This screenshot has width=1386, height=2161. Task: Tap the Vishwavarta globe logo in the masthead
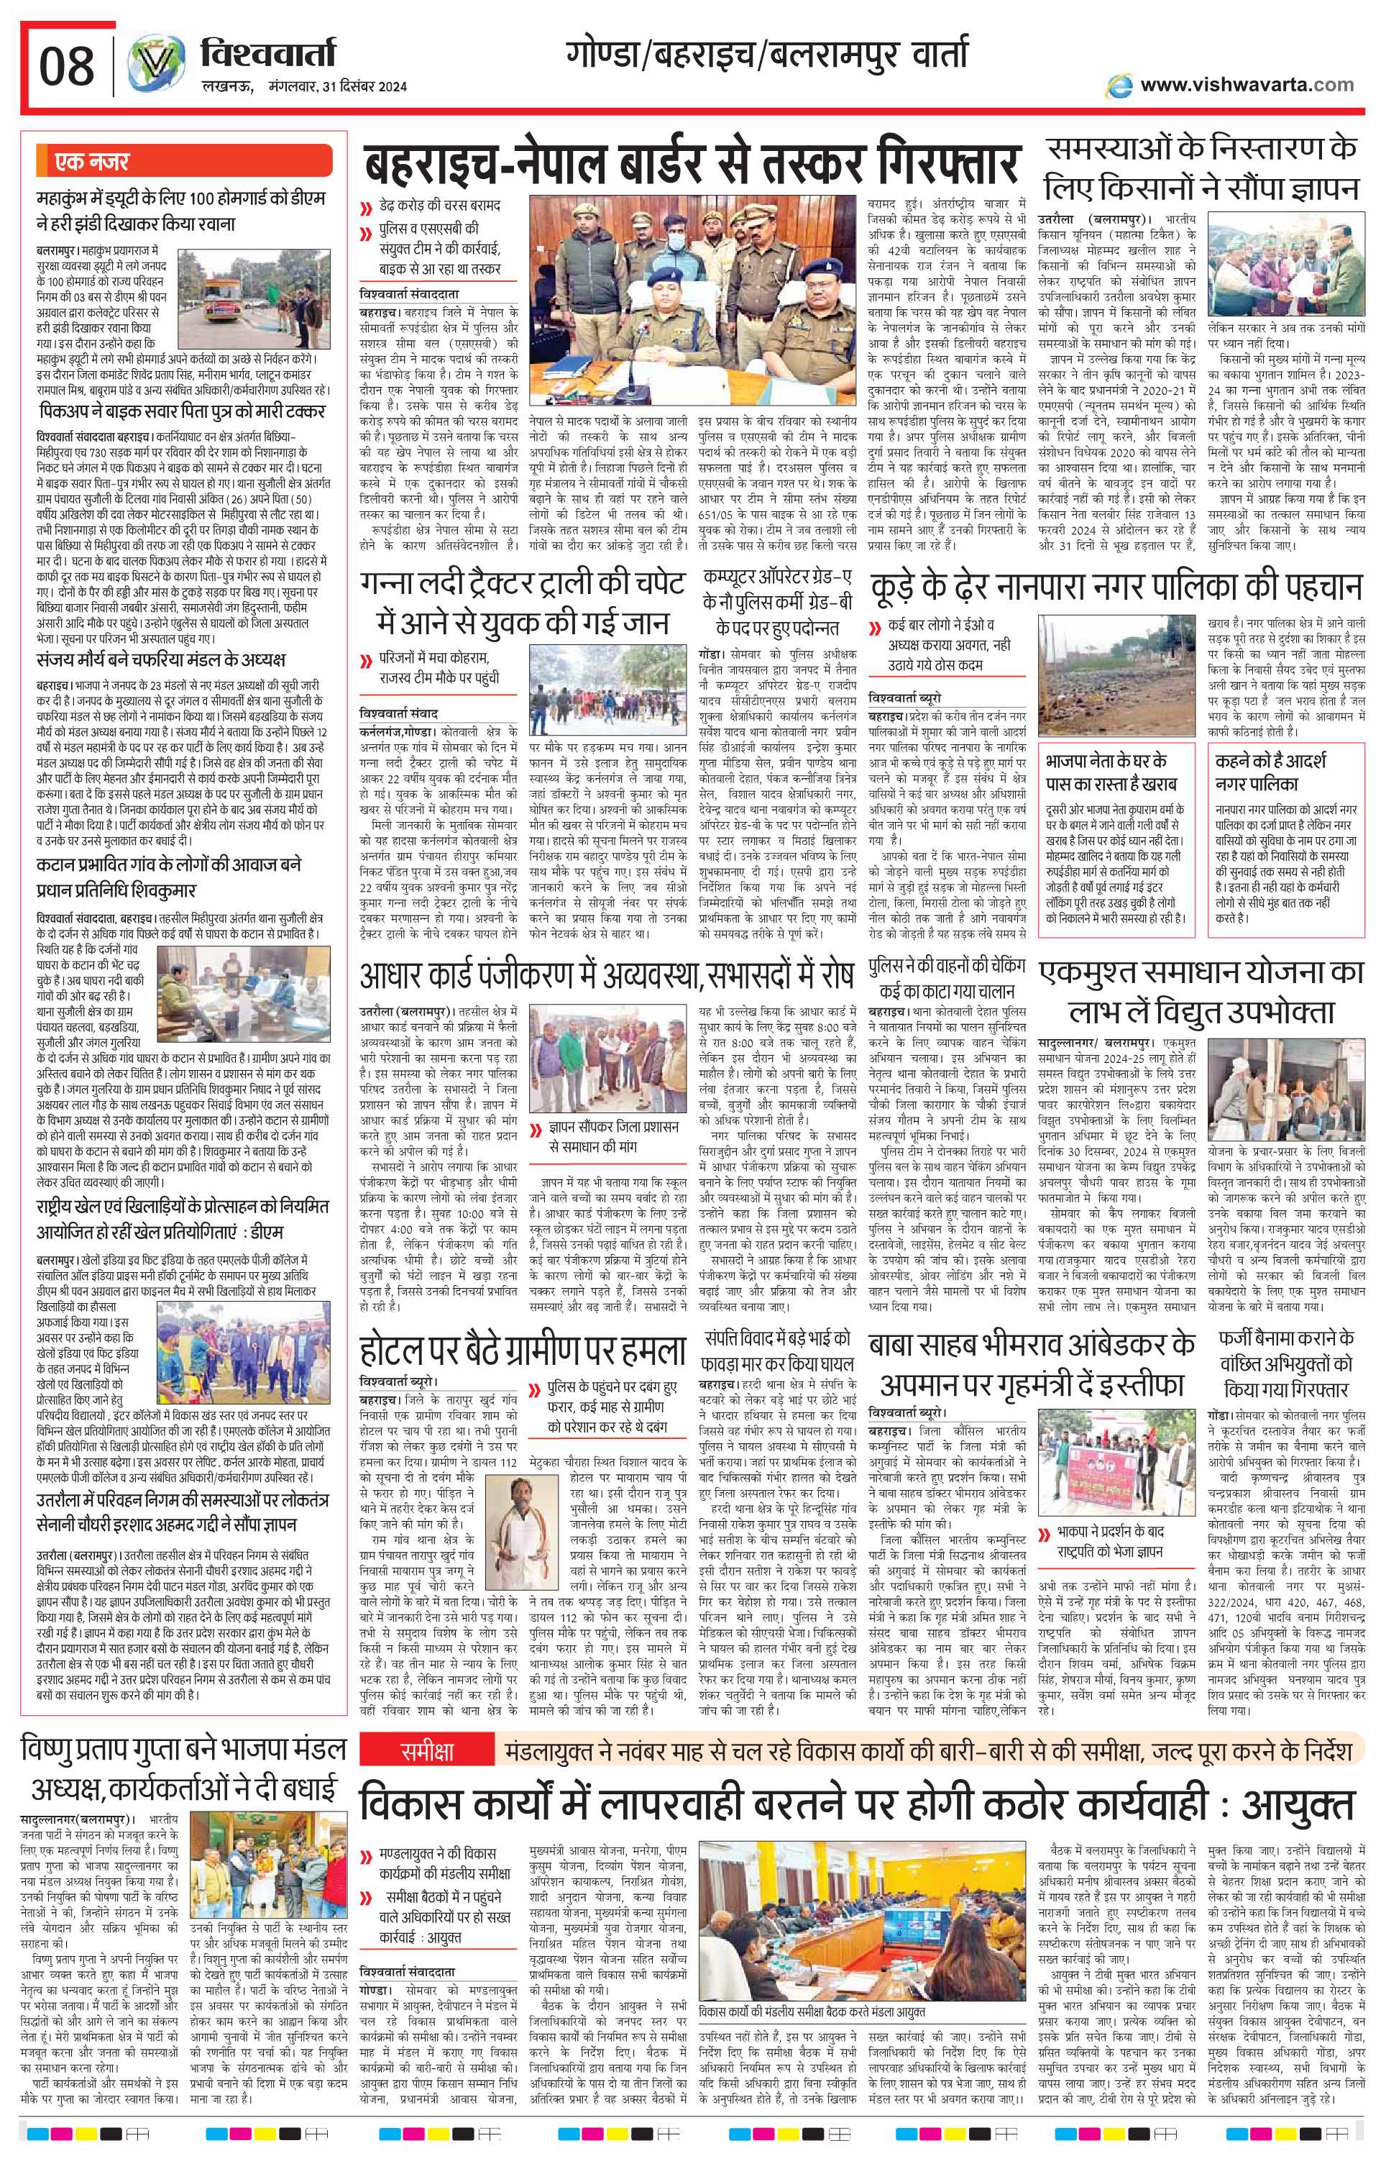click(x=154, y=68)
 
